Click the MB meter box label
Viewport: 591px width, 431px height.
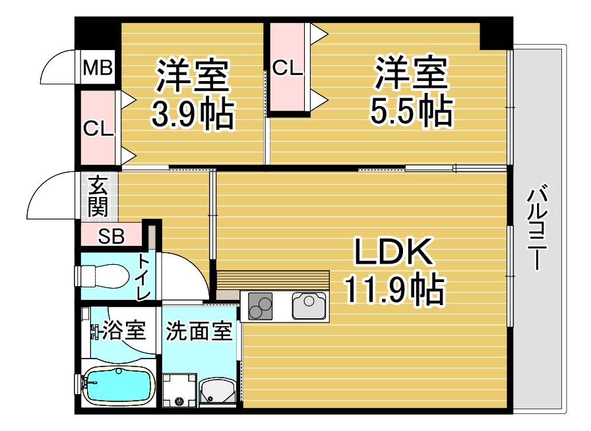click(x=98, y=68)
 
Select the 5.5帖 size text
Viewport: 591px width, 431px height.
click(x=411, y=111)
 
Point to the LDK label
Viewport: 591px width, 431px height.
click(x=393, y=251)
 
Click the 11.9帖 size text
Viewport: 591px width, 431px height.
click(x=394, y=289)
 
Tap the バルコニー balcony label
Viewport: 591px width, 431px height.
click(x=537, y=227)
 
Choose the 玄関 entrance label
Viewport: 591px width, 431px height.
click(x=98, y=196)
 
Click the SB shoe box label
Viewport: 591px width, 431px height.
click(x=111, y=236)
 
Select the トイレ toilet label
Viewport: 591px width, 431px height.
click(x=144, y=277)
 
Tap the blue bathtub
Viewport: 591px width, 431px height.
click(x=119, y=385)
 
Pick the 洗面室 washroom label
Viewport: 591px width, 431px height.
click(x=199, y=330)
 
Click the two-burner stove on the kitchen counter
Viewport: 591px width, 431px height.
click(x=260, y=306)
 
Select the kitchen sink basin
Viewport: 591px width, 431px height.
click(x=309, y=306)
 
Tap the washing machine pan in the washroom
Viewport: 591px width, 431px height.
click(x=179, y=390)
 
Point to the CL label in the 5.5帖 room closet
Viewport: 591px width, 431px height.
click(x=288, y=68)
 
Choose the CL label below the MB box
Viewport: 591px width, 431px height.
click(x=98, y=129)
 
